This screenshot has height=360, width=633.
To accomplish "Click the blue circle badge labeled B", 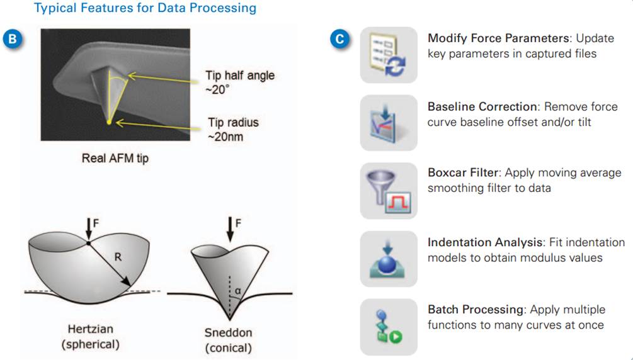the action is click(x=13, y=39).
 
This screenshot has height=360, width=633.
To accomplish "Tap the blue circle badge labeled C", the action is click(x=339, y=39).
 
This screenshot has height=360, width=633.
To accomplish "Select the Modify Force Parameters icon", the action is click(x=389, y=55).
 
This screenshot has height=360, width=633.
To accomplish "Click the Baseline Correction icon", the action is click(x=389, y=123).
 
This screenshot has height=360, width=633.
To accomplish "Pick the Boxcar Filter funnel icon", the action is click(x=389, y=191).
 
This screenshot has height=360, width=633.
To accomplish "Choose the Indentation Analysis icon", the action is click(x=389, y=259).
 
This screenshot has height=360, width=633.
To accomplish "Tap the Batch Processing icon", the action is click(x=389, y=327).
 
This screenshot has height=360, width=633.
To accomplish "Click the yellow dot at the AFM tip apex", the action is click(x=108, y=122).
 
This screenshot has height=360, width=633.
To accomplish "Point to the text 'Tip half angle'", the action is click(x=240, y=76).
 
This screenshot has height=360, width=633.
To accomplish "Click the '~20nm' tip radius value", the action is click(x=225, y=137).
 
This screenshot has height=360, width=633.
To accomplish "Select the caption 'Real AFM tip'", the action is click(x=115, y=158).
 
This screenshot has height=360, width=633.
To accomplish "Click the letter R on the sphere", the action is click(x=118, y=257).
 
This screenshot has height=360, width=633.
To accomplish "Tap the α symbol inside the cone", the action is click(x=238, y=291).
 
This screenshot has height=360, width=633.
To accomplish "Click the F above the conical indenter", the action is click(x=238, y=223).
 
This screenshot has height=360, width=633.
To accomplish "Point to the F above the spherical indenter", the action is click(x=96, y=223).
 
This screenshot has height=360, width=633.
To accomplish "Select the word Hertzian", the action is click(x=91, y=329).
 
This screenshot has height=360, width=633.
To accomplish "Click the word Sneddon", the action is click(x=228, y=332).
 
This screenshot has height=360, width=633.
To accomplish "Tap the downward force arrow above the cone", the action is click(x=230, y=229).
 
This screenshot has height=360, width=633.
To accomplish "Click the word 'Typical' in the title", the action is click(x=55, y=8).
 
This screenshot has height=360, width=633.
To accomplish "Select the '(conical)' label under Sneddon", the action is click(x=228, y=348).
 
